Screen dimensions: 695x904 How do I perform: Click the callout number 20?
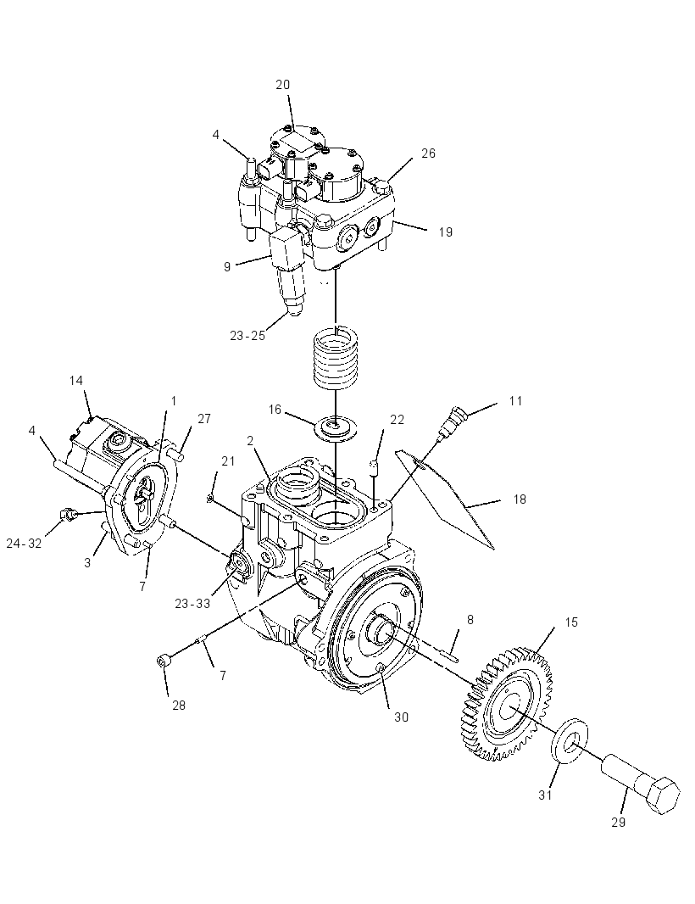click(x=282, y=85)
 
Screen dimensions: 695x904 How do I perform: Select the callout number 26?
click(x=428, y=153)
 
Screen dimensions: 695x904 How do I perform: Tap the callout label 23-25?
click(x=247, y=336)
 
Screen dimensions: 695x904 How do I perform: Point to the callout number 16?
click(x=275, y=410)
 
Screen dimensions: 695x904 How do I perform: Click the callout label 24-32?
click(x=25, y=543)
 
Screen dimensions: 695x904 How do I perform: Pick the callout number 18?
click(x=520, y=499)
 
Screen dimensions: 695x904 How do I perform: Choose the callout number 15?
click(x=570, y=622)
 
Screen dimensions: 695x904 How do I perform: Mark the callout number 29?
click(x=618, y=822)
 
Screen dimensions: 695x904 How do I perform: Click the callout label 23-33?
click(x=193, y=604)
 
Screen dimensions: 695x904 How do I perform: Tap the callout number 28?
click(x=179, y=705)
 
